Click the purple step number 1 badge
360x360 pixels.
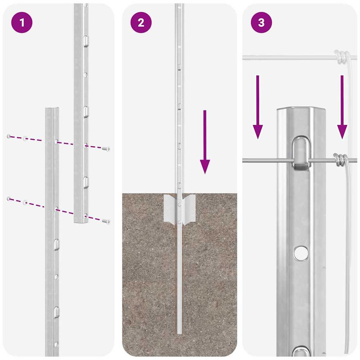click(x=22, y=23)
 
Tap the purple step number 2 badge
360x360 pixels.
click(x=141, y=23)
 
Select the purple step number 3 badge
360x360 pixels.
click(x=261, y=23)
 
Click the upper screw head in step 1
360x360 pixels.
click(x=105, y=149)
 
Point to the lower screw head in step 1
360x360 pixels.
click(x=105, y=221)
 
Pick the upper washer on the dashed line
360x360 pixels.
click(x=25, y=139)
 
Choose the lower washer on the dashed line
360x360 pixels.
click(x=25, y=202)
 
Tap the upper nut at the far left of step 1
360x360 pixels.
click(x=9, y=136)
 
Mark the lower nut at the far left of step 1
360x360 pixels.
click(x=9, y=199)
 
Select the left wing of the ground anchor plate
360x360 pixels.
click(x=170, y=210)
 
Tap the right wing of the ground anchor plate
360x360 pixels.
click(x=189, y=210)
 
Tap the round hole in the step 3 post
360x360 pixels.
click(x=301, y=253)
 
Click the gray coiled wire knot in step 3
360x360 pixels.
click(x=341, y=160)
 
